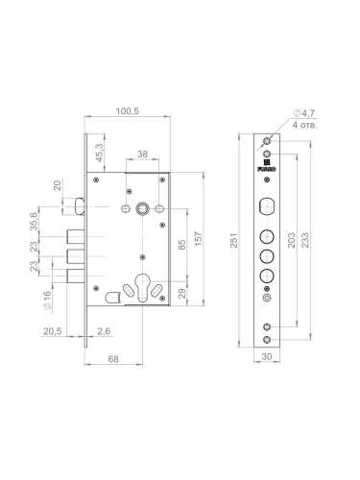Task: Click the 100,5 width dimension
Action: (127, 111)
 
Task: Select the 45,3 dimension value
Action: (100, 153)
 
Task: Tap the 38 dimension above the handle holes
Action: (142, 155)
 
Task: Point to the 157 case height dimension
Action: (199, 238)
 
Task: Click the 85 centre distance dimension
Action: (181, 245)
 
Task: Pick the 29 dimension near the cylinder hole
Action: (181, 293)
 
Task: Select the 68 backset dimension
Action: (113, 359)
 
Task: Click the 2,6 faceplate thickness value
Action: (104, 331)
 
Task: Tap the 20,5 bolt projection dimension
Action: (52, 331)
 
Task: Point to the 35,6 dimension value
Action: (34, 221)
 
